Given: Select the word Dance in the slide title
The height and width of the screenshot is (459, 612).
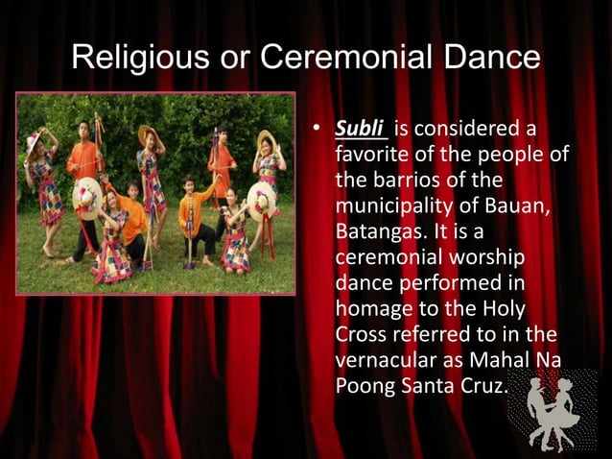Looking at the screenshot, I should point(492,60).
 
